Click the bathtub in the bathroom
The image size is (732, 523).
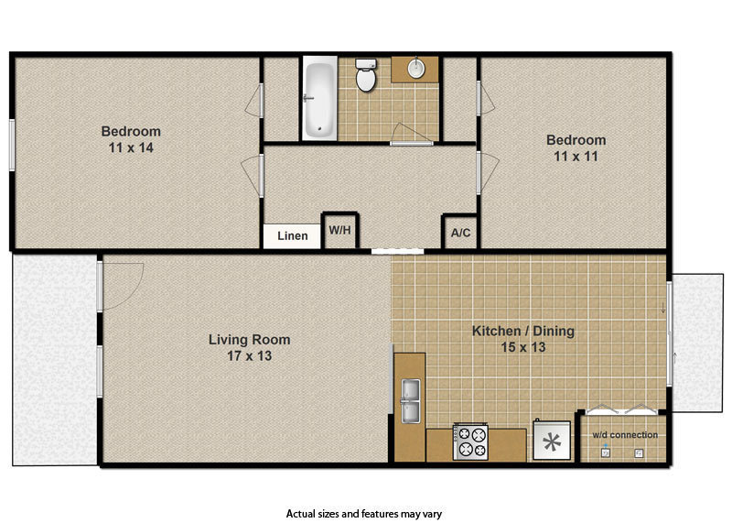(318, 99)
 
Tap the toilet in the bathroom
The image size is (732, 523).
(366, 76)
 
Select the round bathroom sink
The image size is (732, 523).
(415, 69)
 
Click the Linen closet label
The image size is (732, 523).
(293, 235)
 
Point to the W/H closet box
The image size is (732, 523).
(339, 231)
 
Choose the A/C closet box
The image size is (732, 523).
(460, 232)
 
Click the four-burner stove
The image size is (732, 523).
(470, 441)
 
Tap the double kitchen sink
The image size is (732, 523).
(409, 401)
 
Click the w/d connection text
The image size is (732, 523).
(624, 434)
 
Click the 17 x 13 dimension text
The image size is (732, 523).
(248, 355)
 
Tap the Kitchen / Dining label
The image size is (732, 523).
(522, 331)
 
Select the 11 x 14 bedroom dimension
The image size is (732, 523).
(130, 147)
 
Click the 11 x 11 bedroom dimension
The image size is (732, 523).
(576, 156)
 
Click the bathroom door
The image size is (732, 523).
(411, 136)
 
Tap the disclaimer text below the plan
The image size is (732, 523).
(364, 514)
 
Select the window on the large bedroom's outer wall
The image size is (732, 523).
(11, 144)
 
